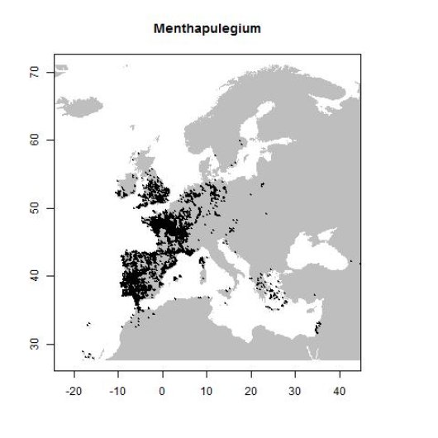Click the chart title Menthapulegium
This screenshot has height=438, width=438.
(207, 29)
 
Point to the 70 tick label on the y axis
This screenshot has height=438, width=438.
(37, 73)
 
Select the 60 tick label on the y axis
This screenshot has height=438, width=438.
(37, 140)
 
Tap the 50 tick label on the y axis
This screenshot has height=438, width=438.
(37, 208)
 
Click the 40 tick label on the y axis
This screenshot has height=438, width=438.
(37, 276)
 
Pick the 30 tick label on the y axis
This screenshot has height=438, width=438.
(37, 344)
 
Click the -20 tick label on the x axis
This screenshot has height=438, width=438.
(74, 388)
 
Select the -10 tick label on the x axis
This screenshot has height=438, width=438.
(118, 388)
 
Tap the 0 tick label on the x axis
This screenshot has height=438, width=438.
(163, 388)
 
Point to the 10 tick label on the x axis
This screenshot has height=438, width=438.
(207, 388)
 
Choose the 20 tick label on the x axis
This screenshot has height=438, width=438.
(251, 388)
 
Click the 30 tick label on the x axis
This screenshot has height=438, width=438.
(295, 388)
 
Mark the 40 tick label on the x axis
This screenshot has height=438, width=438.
(340, 388)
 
